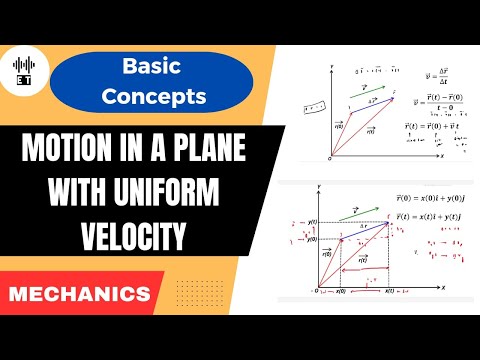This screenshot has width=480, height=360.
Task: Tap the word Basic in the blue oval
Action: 151,67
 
